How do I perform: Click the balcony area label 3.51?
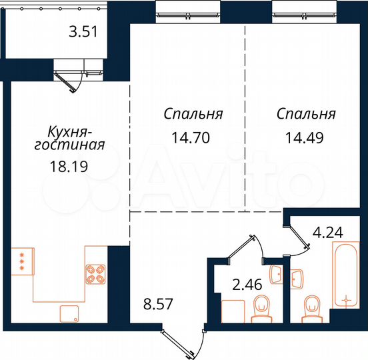click(88, 31)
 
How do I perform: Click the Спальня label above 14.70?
click(193, 114)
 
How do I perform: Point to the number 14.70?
click(193, 139)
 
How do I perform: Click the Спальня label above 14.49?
click(306, 114)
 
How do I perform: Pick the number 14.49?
click(306, 139)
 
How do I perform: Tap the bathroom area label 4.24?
click(328, 233)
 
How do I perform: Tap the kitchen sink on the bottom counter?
click(69, 312)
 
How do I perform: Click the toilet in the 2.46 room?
click(263, 309)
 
